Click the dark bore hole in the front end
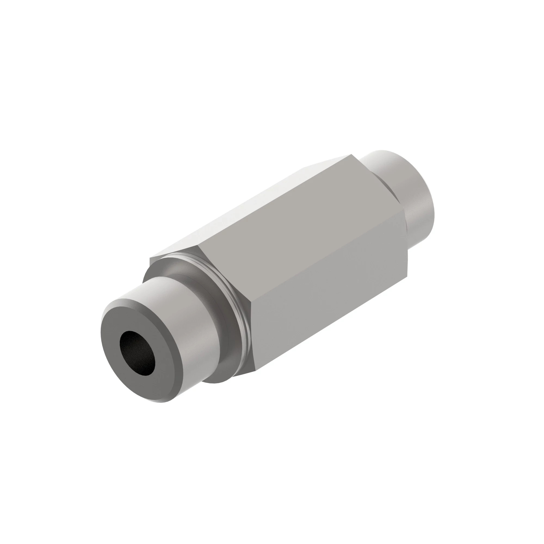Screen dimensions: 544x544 [x=137, y=353]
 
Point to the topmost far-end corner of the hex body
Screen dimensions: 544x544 [x=351, y=154]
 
